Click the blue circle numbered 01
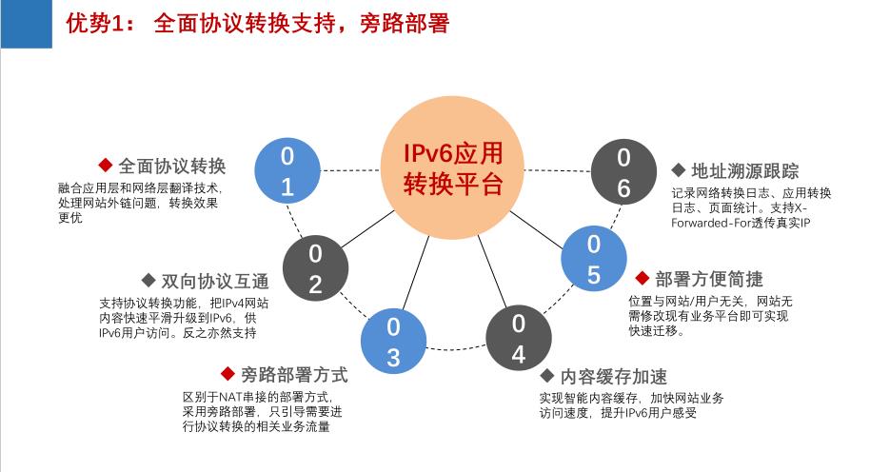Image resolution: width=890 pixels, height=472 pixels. (287, 170)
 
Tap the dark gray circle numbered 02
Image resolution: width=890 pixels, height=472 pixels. (316, 268)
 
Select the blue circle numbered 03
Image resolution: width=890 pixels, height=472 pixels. (393, 342)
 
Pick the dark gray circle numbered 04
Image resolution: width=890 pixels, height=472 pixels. (518, 339)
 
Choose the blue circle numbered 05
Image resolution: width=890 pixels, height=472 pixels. (594, 259)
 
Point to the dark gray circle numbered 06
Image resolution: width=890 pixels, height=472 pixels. (623, 172)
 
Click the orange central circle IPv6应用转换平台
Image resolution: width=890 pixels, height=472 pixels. (452, 167)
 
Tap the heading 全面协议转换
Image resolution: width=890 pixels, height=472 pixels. (172, 166)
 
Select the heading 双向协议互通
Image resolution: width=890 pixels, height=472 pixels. (215, 281)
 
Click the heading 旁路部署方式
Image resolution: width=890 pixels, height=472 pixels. (294, 374)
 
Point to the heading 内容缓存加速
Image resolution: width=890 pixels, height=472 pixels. (614, 376)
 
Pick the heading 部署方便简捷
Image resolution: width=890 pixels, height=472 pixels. (709, 279)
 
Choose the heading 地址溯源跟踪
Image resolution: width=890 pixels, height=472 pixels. (744, 170)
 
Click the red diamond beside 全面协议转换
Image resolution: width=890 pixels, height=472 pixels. (105, 165)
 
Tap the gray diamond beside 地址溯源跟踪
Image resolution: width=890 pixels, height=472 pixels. (679, 169)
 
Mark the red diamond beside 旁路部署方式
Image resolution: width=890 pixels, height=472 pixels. (227, 374)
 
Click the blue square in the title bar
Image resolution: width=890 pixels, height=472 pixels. (26, 24)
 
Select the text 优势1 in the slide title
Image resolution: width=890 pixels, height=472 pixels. (95, 24)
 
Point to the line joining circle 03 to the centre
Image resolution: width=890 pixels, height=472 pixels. (416, 273)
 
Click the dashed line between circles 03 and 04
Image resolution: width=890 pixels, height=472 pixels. (456, 348)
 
